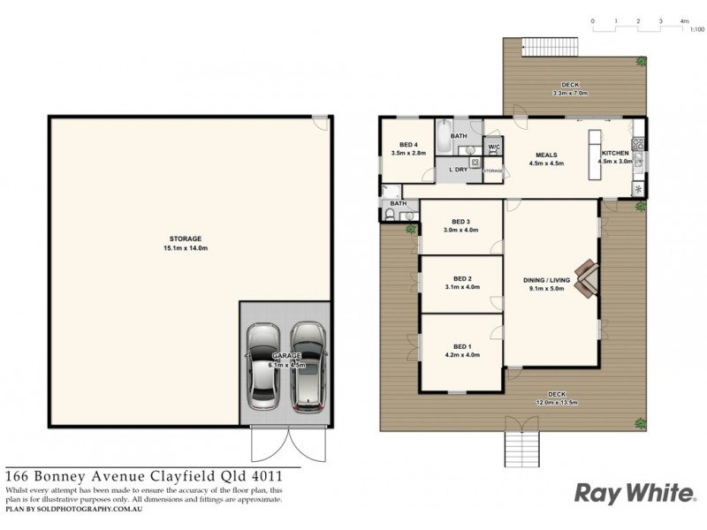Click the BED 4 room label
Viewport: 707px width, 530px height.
[x=408, y=143]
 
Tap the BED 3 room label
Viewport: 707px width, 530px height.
[x=460, y=222]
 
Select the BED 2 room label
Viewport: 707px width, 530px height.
[x=460, y=278]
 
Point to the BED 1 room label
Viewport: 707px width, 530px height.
[x=461, y=346]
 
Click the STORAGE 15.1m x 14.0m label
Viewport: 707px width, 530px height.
[x=186, y=238]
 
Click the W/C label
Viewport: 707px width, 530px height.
[x=494, y=147]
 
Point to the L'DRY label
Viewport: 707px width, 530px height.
[x=458, y=169]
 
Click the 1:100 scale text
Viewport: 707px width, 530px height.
[x=696, y=30]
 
